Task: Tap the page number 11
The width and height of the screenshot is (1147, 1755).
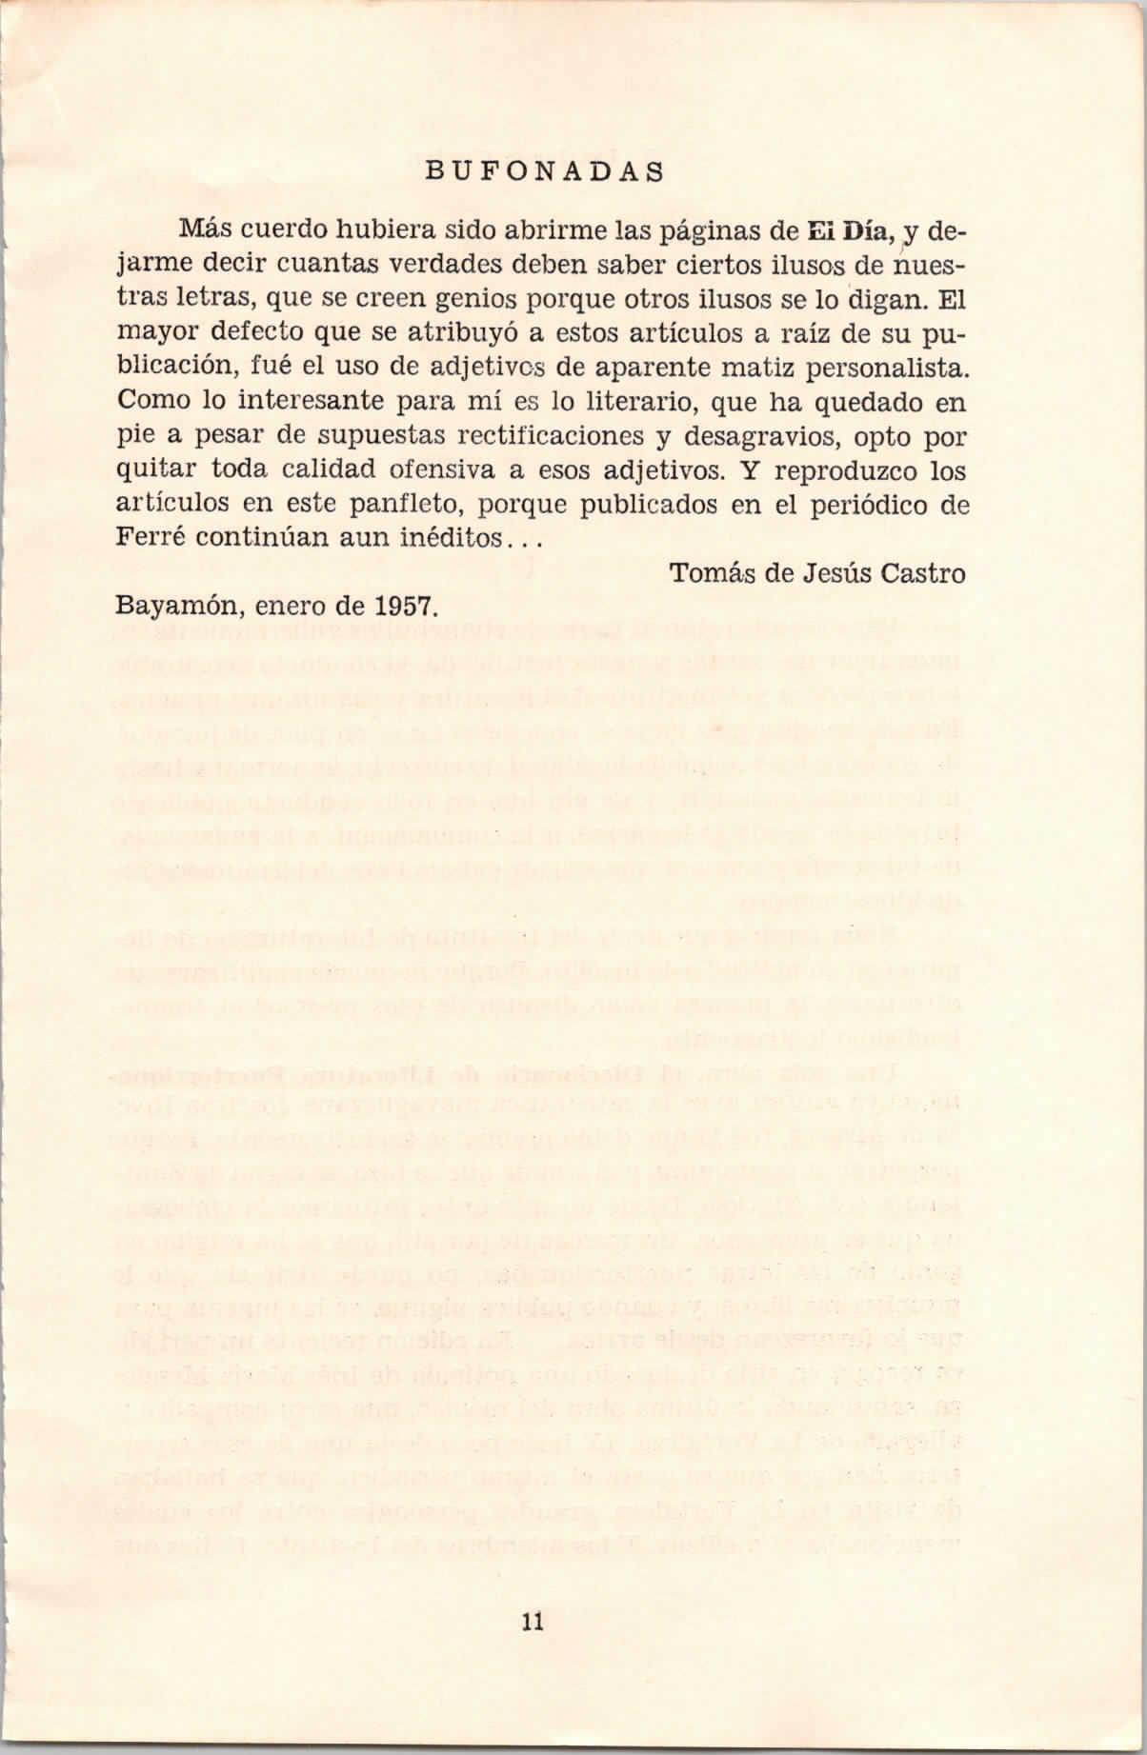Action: tap(532, 1623)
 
